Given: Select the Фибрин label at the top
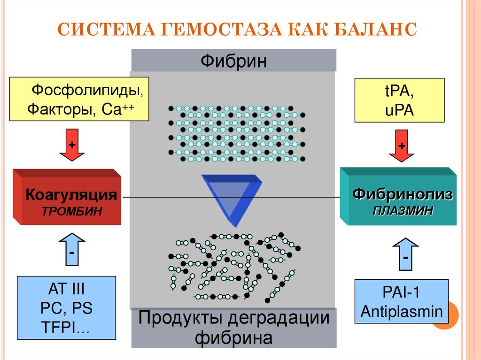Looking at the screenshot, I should [233, 61].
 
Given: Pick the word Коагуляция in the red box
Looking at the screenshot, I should [70, 194].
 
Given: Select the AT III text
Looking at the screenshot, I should [67, 289].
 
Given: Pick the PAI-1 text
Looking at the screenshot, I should [402, 292].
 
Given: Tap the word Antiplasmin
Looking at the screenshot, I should [401, 310].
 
